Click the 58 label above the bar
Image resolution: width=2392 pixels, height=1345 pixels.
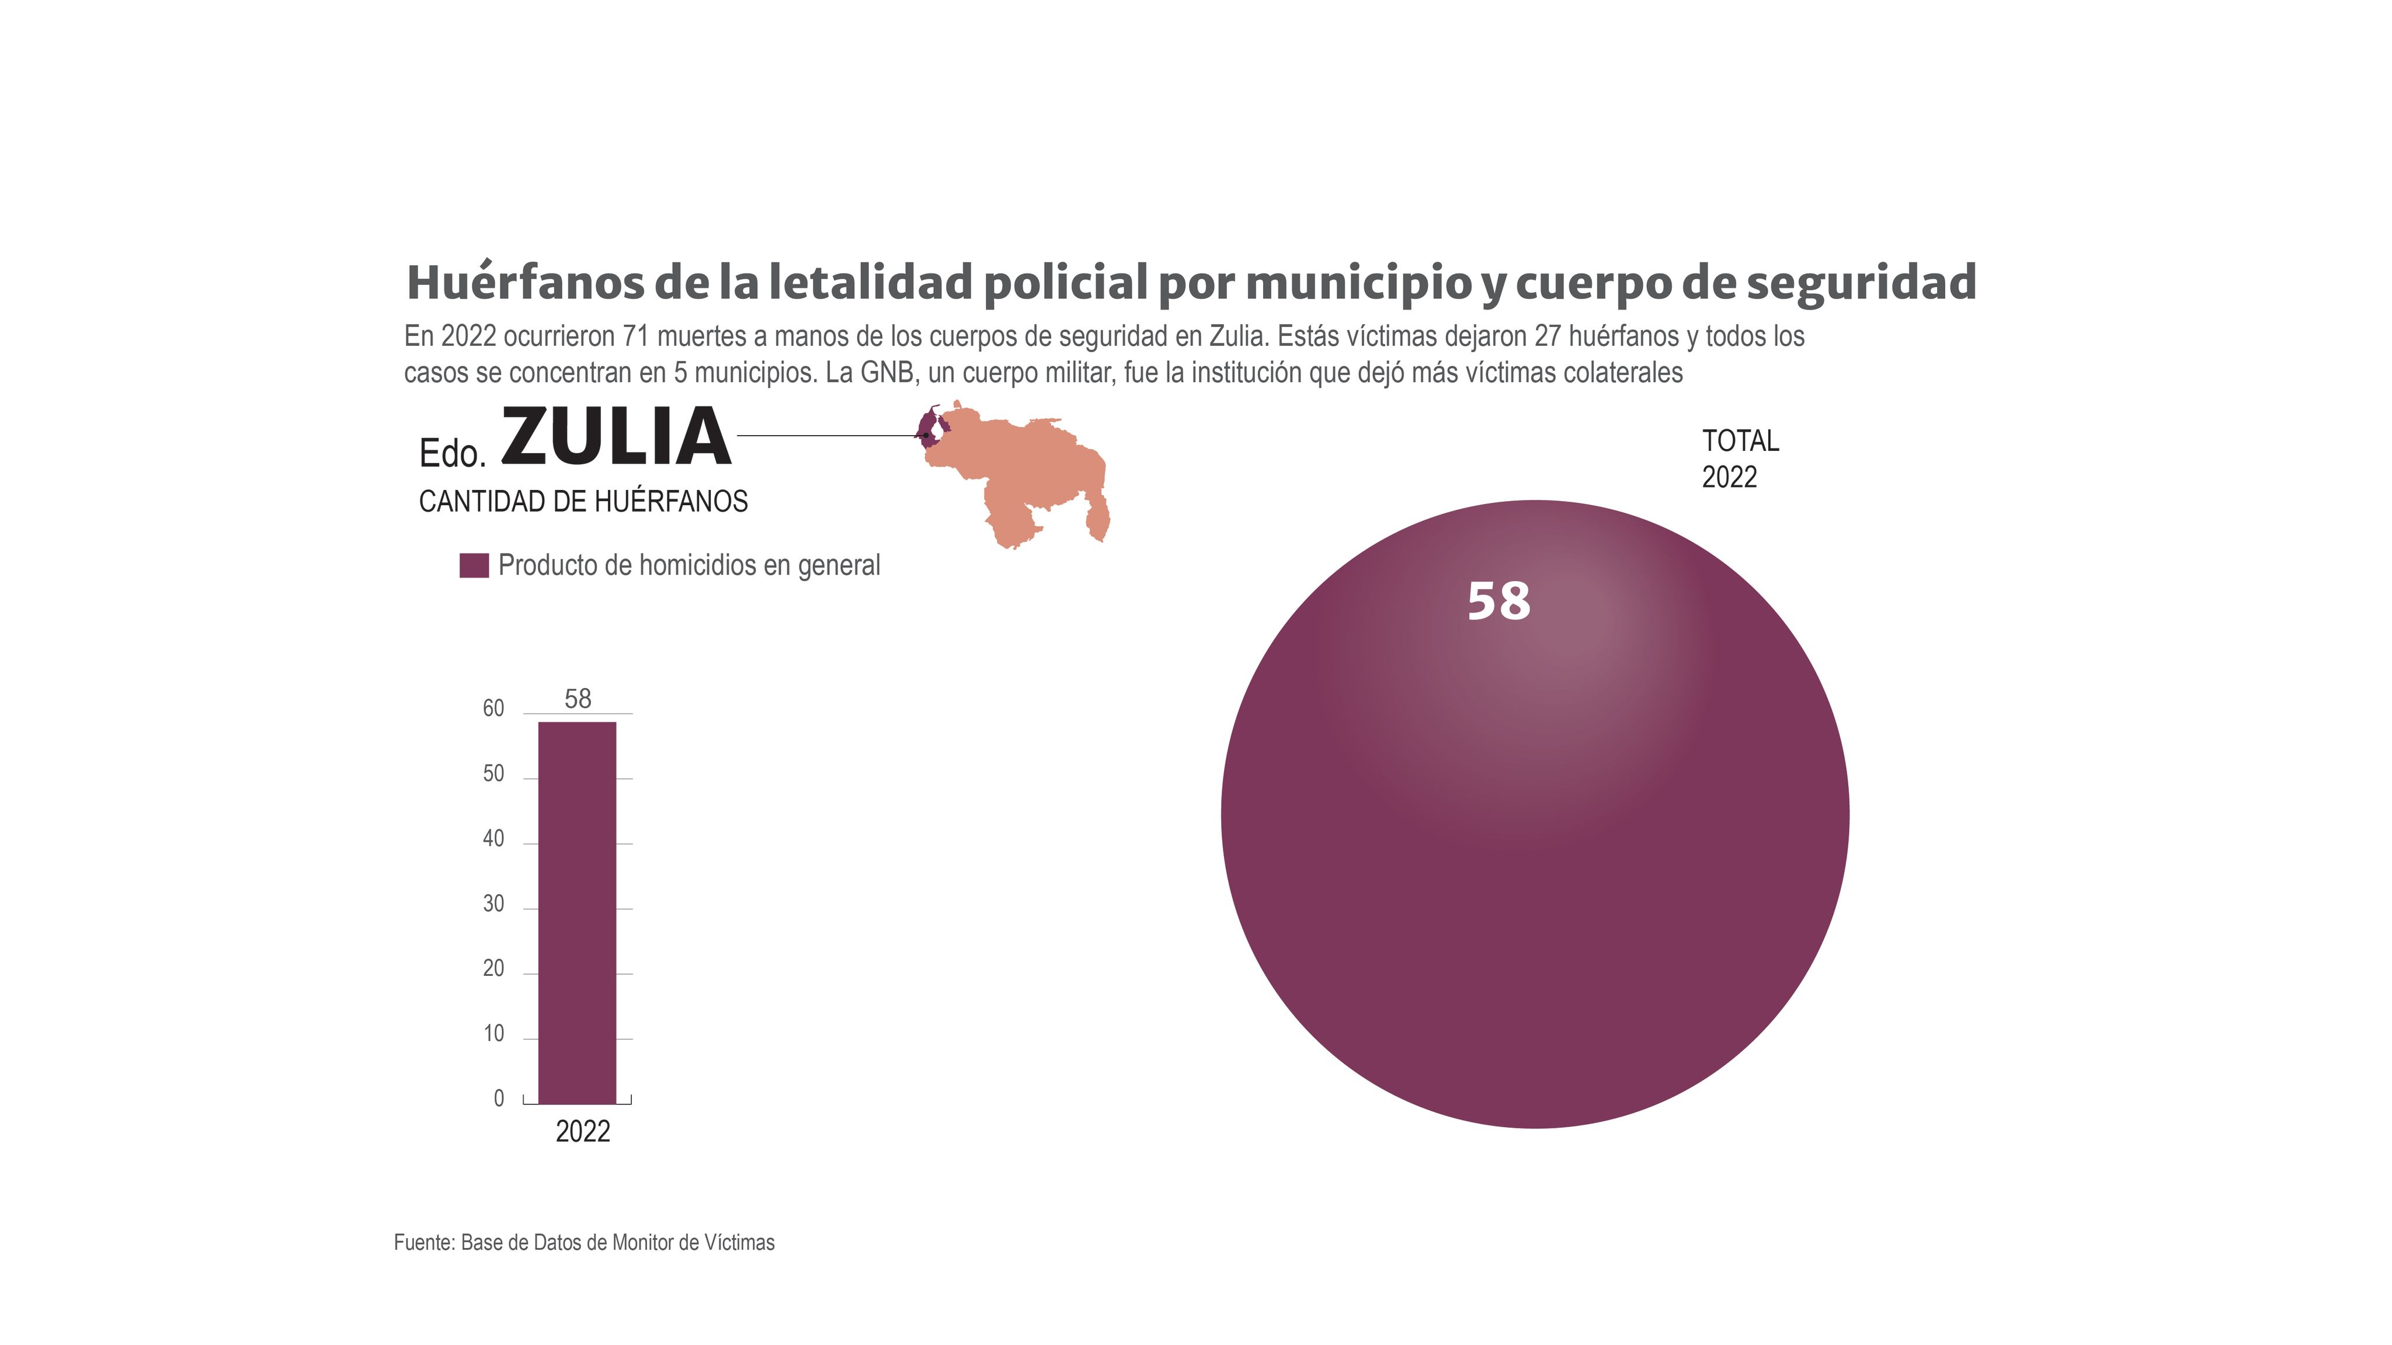(578, 698)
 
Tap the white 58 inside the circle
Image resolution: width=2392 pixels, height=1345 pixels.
(1498, 601)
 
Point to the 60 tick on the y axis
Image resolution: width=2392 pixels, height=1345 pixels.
(493, 709)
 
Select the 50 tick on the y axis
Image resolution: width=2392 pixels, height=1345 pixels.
(493, 774)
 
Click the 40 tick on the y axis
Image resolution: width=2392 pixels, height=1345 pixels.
(493, 839)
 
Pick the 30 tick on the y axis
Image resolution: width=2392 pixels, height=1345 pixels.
(493, 904)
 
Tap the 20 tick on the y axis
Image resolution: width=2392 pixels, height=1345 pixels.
(493, 969)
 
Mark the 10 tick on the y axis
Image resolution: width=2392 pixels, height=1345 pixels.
(493, 1034)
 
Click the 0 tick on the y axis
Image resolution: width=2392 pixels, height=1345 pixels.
(499, 1099)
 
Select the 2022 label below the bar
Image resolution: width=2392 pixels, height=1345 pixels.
(582, 1131)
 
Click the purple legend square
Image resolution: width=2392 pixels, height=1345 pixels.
(474, 566)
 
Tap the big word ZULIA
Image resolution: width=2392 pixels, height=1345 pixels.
(616, 437)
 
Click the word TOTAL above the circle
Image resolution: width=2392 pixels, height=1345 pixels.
(1739, 440)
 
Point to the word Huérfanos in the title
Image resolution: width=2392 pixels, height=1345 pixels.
(524, 283)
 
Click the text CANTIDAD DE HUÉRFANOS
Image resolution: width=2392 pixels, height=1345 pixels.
(583, 502)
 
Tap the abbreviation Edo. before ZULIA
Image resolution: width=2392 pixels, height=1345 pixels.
(452, 453)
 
